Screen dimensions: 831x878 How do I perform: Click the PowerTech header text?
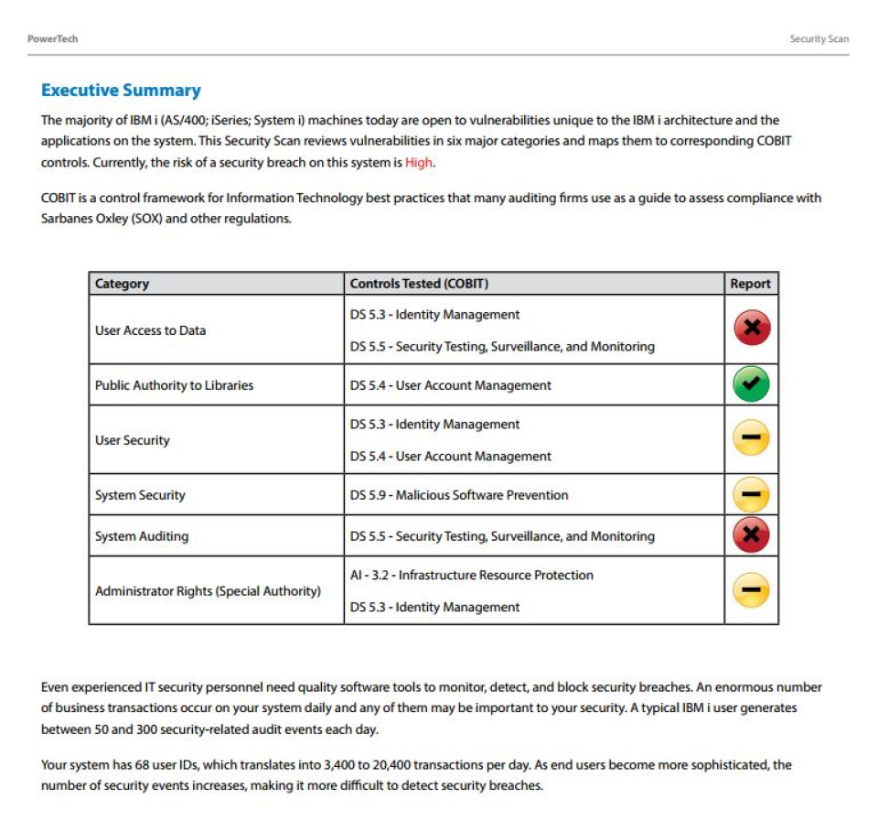coord(52,38)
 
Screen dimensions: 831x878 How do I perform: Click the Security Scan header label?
coord(819,38)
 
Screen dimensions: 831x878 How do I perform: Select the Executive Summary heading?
coord(121,91)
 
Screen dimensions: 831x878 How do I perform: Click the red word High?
coord(419,163)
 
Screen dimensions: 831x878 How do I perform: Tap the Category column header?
coord(122,284)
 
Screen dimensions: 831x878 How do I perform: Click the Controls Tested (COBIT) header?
coord(419,284)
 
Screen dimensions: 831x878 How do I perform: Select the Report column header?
coord(750,284)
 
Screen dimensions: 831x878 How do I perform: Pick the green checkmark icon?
coord(751,385)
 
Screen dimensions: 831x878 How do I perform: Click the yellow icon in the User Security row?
coord(751,440)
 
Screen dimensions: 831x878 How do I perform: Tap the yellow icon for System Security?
coord(751,495)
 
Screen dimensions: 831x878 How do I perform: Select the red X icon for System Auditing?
coord(751,535)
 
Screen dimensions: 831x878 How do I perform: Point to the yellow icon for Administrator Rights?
coord(751,590)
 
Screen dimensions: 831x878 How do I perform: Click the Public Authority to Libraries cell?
coord(174,385)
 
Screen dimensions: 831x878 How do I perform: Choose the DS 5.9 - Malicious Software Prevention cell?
coord(459,495)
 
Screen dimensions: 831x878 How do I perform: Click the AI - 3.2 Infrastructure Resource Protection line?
coord(471,575)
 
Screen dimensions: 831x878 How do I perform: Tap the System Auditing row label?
coord(142,536)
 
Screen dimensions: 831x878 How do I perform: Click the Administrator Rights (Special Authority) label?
coord(208,591)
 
